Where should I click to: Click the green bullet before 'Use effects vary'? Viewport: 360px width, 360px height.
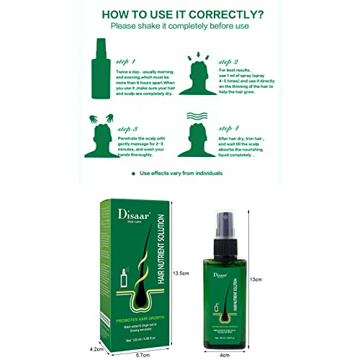[133, 174]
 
